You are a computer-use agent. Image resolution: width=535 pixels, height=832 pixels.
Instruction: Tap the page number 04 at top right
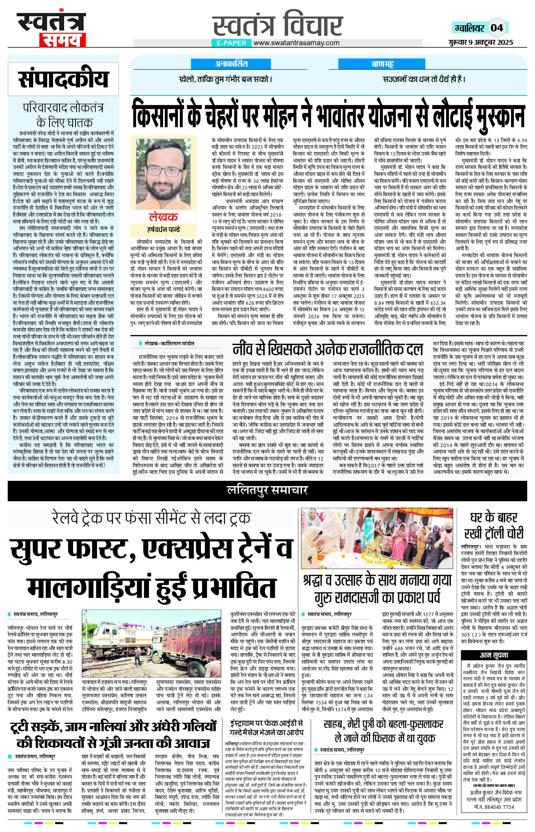(497, 28)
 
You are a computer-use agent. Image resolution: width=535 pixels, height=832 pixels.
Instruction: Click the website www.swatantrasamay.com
(296, 43)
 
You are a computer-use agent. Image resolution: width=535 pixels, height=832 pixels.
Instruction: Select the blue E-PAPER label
(231, 43)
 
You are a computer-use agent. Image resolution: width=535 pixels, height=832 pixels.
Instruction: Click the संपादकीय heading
(63, 79)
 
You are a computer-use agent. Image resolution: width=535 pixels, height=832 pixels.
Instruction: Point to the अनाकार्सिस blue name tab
(231, 64)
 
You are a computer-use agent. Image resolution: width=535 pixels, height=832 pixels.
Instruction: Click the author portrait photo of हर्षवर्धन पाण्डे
(163, 173)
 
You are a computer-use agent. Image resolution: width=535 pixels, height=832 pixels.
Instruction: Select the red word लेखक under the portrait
(163, 217)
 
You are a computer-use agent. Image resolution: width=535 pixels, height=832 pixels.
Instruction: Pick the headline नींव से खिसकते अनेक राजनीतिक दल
(328, 349)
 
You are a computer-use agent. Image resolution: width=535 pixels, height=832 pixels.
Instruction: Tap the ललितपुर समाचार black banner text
(267, 491)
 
